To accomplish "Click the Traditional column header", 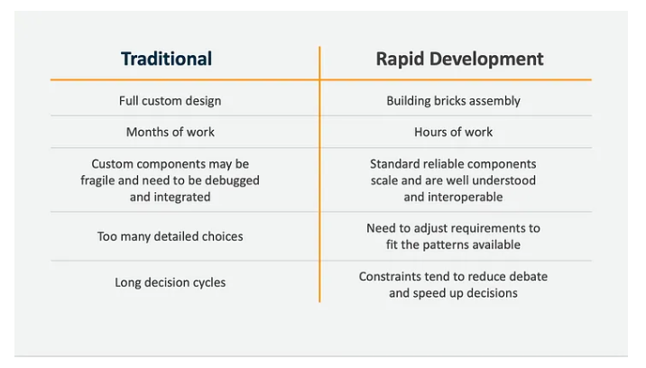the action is [x=166, y=59].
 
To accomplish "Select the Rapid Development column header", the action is [x=459, y=59].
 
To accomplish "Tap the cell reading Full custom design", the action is [x=171, y=101].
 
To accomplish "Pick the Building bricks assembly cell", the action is [x=453, y=101].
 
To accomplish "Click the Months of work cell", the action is [x=171, y=132].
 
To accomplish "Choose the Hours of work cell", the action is [x=453, y=132].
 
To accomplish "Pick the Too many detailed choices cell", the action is [x=171, y=236].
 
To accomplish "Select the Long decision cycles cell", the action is [x=171, y=282].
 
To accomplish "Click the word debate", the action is [x=528, y=277].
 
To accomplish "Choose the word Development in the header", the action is [x=486, y=59].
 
